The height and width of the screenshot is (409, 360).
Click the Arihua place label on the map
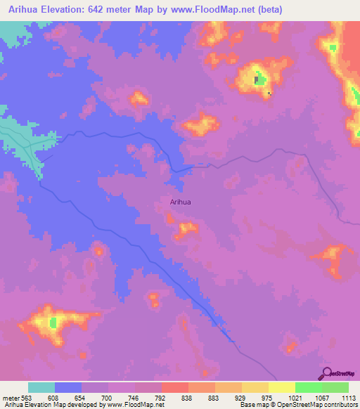(181, 202)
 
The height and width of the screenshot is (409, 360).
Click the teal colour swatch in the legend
(41, 387)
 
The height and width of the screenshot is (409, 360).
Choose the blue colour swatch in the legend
(68, 387)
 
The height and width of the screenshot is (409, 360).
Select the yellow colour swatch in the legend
(282, 387)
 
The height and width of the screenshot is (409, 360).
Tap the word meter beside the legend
(10, 397)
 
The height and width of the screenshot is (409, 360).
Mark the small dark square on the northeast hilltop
(269, 93)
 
